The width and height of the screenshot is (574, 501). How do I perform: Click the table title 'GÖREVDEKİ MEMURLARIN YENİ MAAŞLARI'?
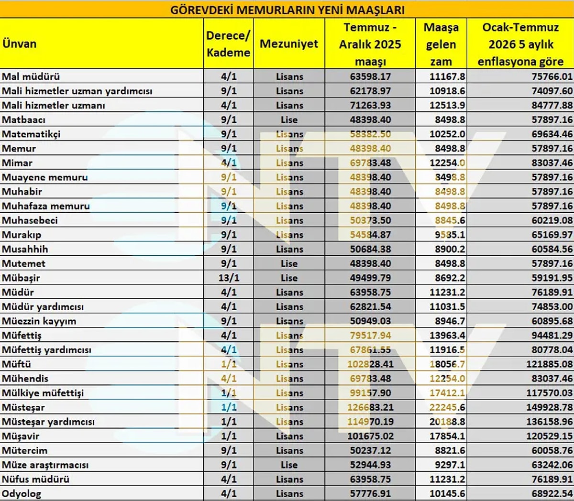[x=287, y=10]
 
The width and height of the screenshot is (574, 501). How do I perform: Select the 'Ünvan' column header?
[x=20, y=44]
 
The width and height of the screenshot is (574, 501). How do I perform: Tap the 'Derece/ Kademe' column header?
[x=228, y=44]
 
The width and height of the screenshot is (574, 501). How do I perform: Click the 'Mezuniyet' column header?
[x=289, y=44]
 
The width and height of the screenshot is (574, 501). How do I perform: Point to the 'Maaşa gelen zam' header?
[x=441, y=44]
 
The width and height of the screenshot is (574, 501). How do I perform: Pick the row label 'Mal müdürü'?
[x=31, y=76]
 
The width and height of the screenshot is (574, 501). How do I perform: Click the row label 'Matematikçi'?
[x=32, y=134]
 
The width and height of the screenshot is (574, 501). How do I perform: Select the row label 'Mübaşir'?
[x=21, y=278]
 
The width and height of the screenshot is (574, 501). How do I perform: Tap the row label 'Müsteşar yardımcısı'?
[x=48, y=422]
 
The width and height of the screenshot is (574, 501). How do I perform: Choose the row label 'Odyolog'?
[x=22, y=493]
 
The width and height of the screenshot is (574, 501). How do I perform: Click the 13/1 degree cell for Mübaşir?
[x=229, y=278]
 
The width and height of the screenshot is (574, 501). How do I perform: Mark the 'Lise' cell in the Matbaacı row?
[x=289, y=120]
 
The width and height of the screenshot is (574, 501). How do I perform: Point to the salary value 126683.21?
[x=370, y=407]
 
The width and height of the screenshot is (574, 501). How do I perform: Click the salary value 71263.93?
[x=370, y=105]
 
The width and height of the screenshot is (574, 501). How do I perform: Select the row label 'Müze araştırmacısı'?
[x=45, y=465]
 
